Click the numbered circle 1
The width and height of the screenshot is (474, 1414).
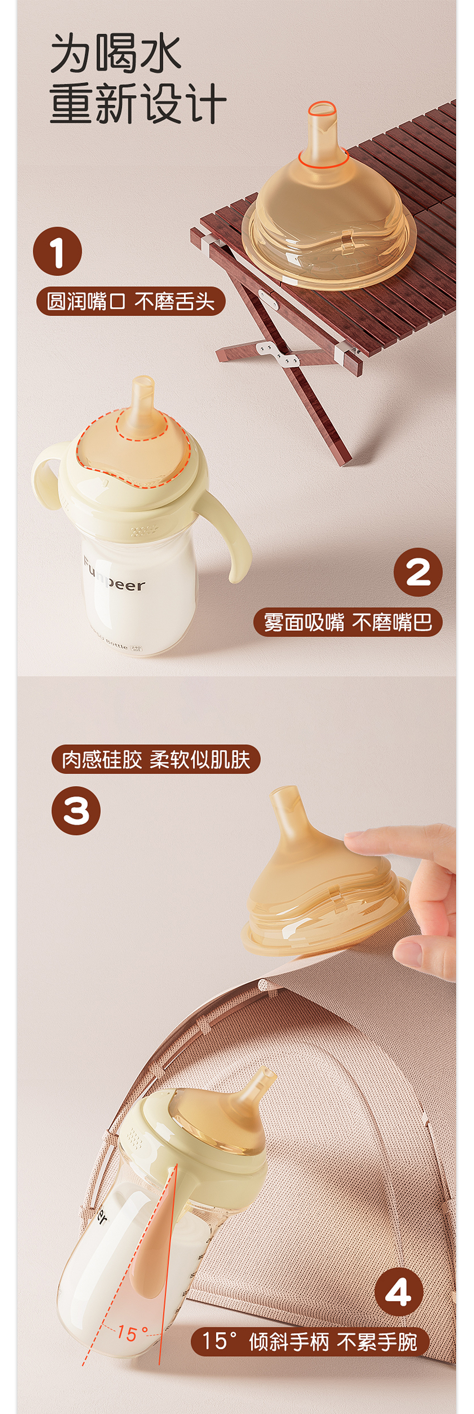click(57, 251)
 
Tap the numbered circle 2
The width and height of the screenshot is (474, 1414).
click(418, 572)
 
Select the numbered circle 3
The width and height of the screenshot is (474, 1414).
click(76, 811)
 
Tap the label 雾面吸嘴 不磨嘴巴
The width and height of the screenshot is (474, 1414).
click(348, 623)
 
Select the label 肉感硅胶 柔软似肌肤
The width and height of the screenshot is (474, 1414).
click(156, 760)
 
